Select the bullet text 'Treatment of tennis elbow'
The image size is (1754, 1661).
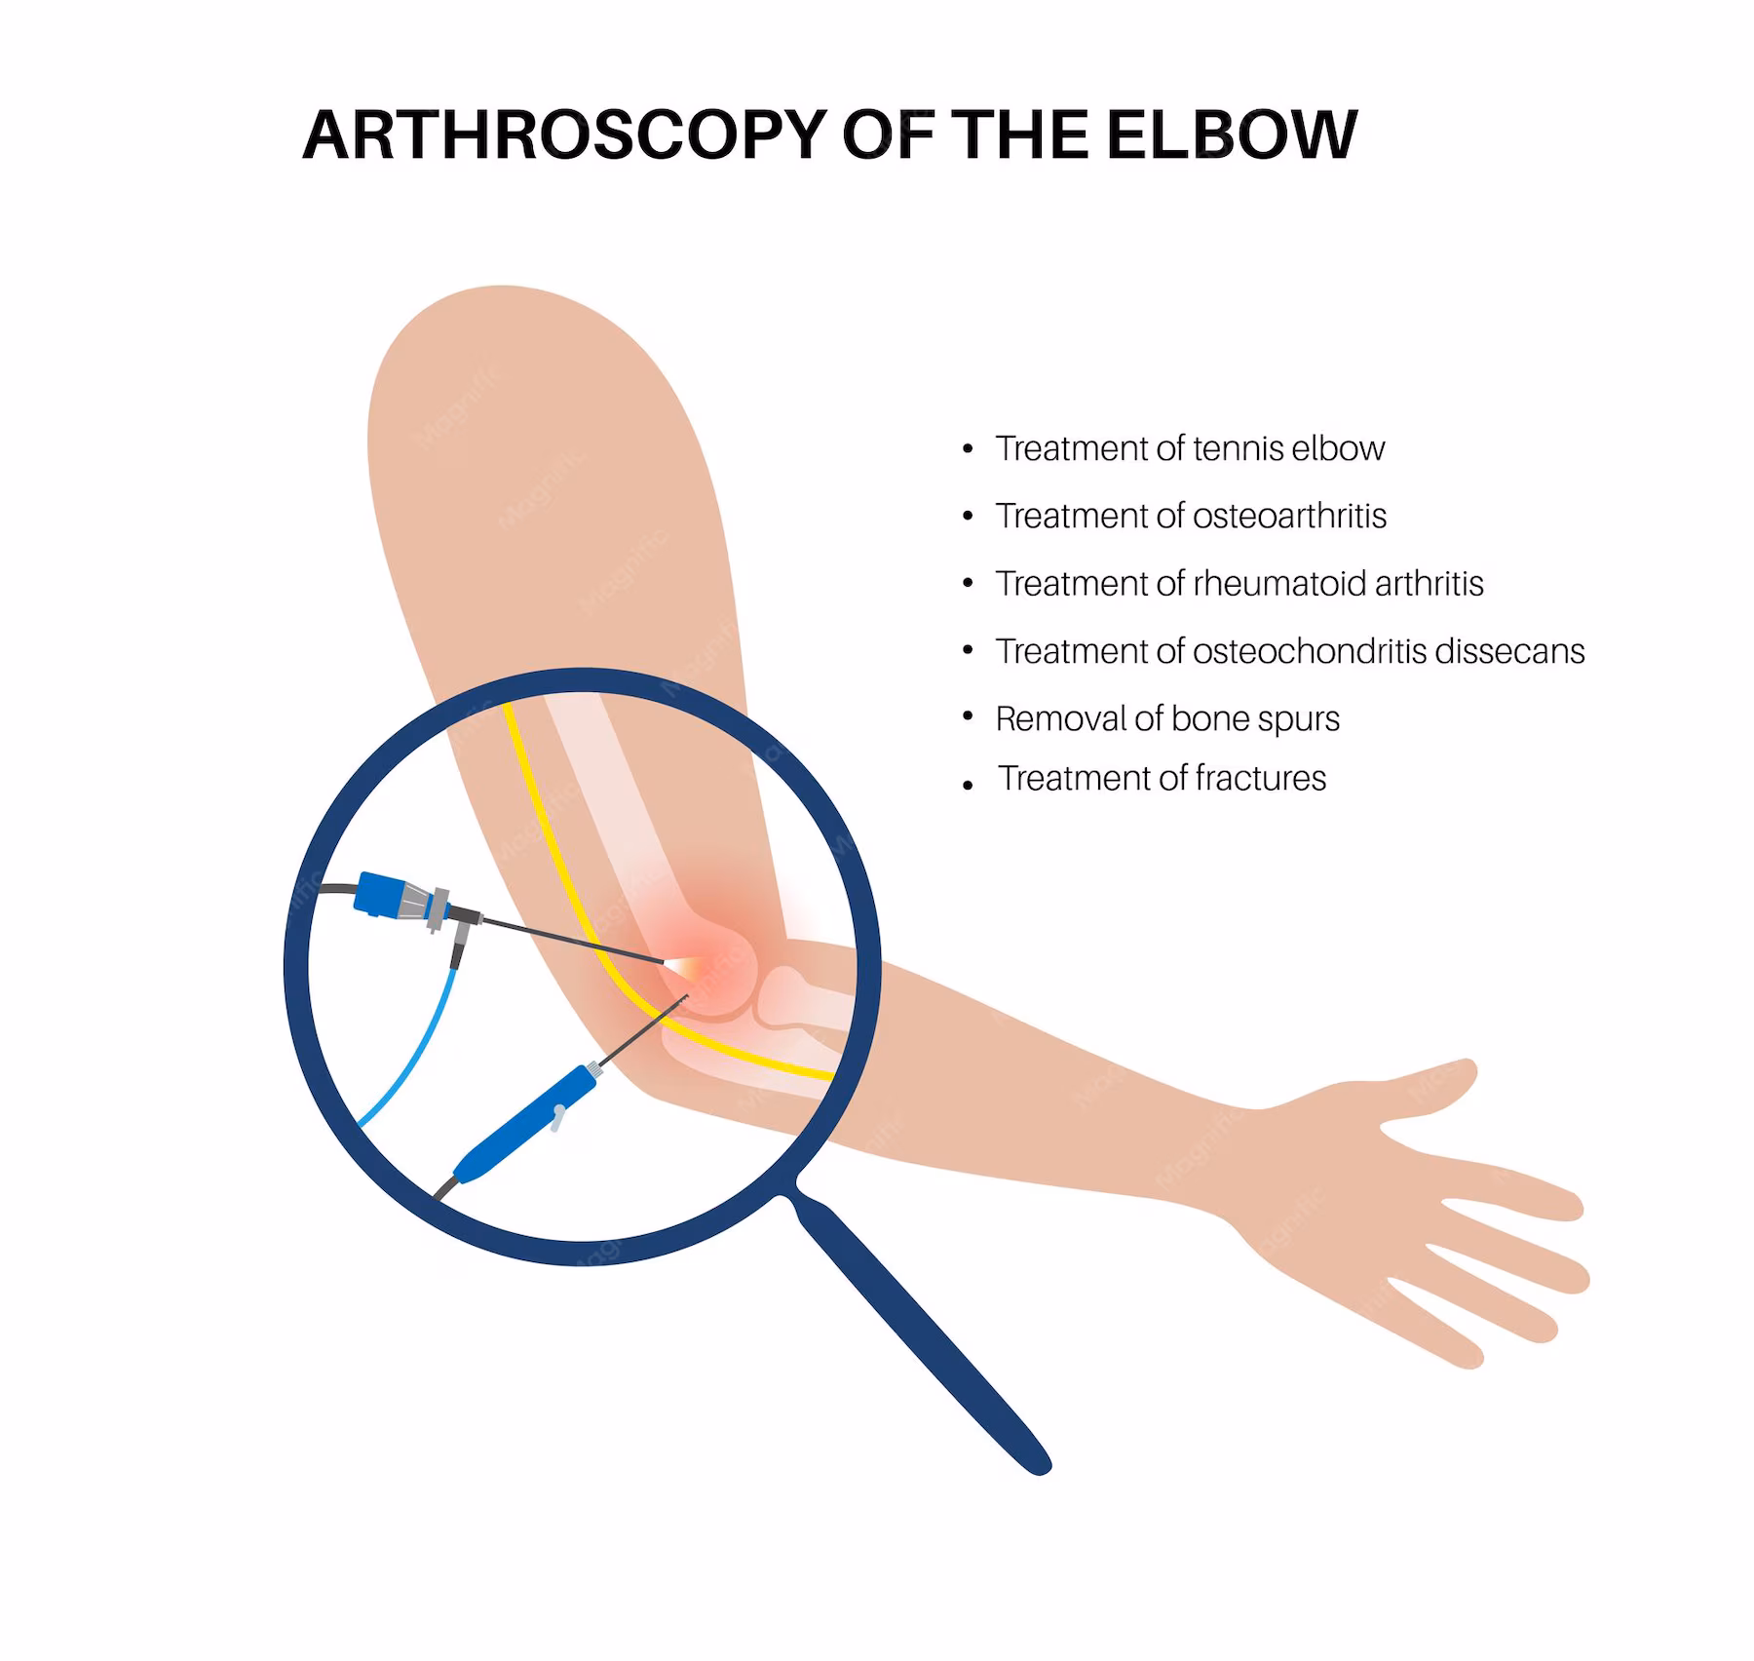pyautogui.click(x=1189, y=448)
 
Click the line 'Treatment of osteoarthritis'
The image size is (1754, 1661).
pyautogui.click(x=1191, y=516)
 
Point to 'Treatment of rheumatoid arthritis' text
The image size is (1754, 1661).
pyautogui.click(x=1239, y=583)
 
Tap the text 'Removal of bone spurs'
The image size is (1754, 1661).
pyautogui.click(x=1167, y=718)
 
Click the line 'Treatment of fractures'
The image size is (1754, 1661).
pyautogui.click(x=1162, y=778)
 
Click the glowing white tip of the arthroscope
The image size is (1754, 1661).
pyautogui.click(x=676, y=964)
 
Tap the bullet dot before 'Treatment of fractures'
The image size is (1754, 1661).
pyautogui.click(x=967, y=785)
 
